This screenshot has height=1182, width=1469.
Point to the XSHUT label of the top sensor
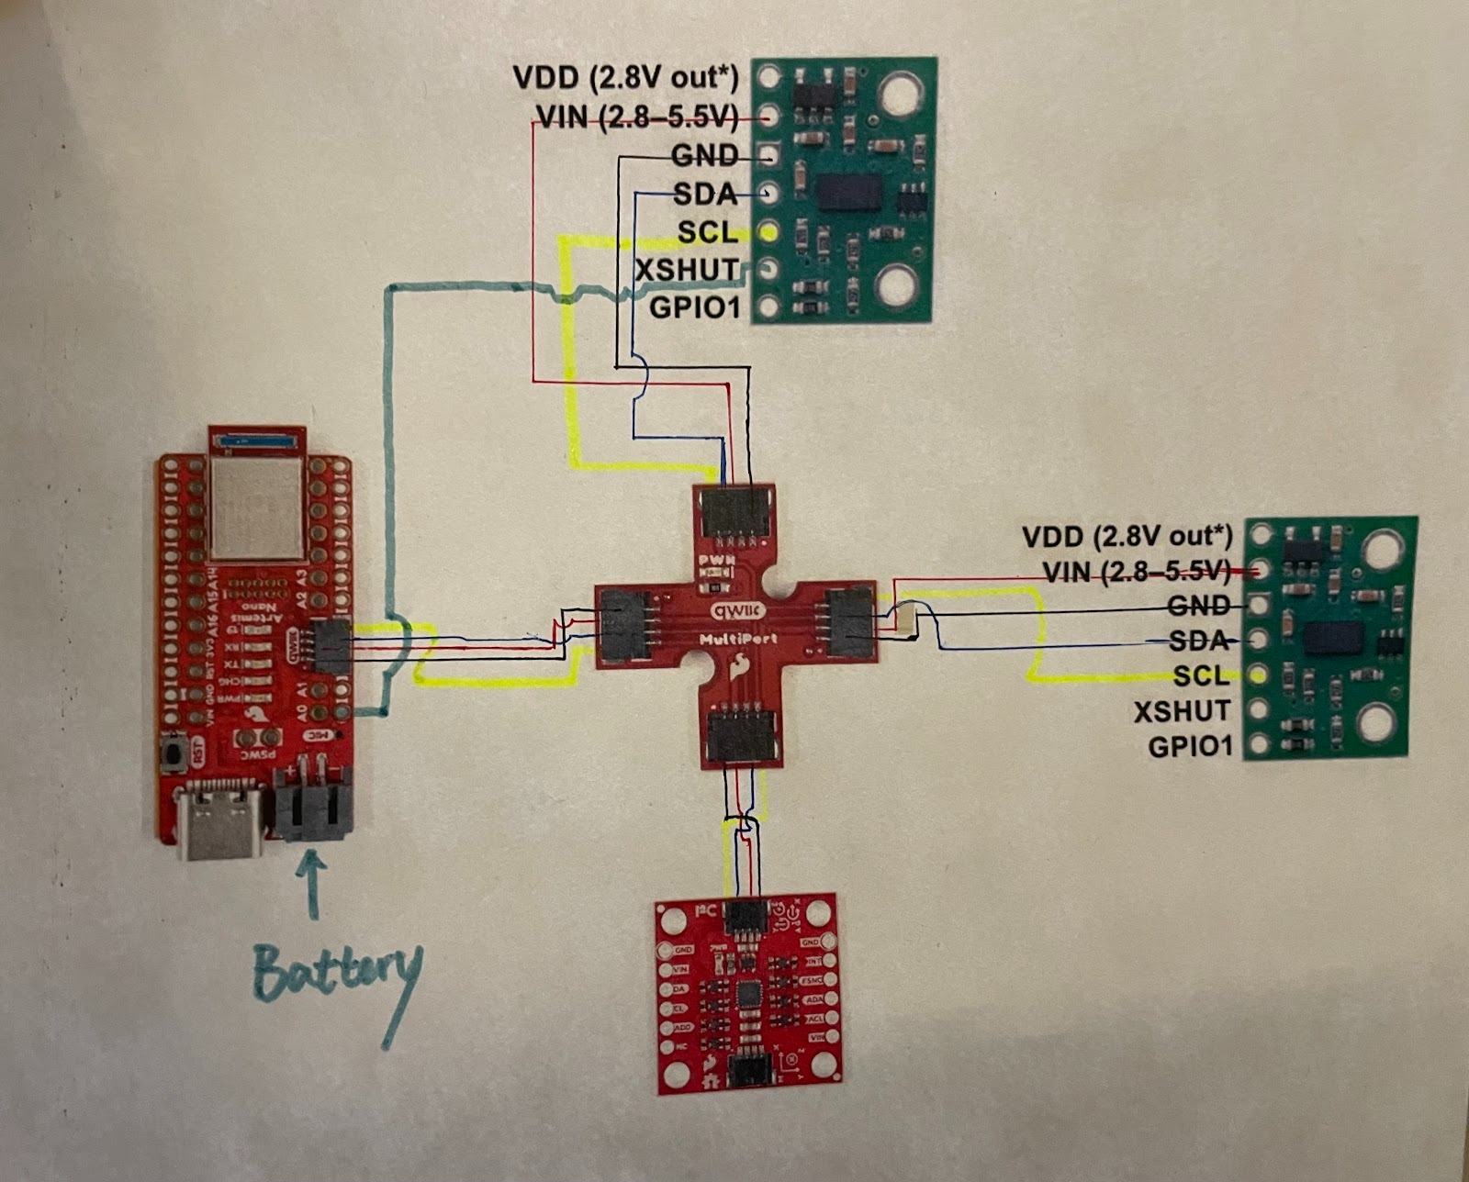pos(687,269)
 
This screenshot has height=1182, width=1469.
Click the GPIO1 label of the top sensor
pos(694,307)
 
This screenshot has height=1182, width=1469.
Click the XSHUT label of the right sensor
pos(1182,711)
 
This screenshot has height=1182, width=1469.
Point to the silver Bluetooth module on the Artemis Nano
pos(256,507)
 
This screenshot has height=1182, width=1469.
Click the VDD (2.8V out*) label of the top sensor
pos(625,78)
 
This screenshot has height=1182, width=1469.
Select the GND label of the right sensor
pos(1198,606)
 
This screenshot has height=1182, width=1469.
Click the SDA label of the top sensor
pos(704,195)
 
